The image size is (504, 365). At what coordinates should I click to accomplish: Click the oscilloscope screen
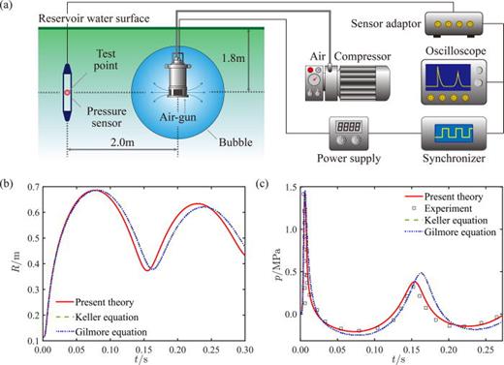[449, 78]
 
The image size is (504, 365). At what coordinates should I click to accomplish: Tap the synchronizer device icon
[446, 133]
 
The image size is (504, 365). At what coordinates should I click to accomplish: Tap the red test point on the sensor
[68, 93]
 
